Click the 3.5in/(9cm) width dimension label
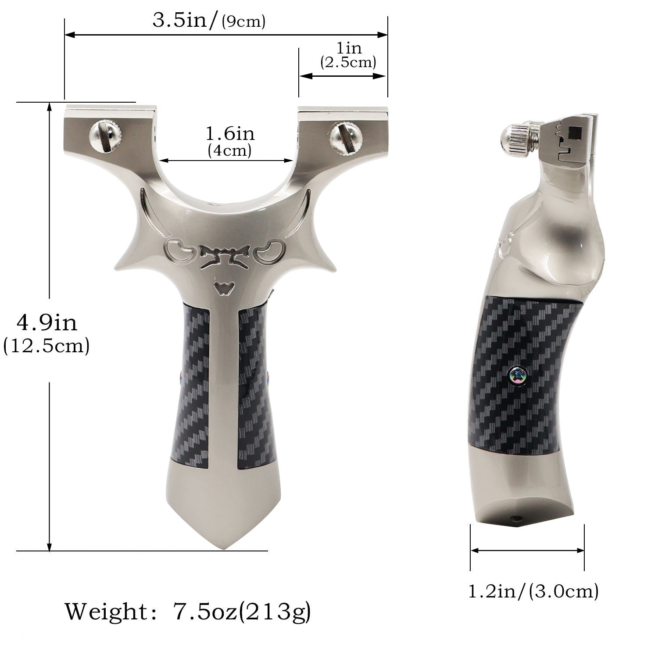tap(209, 21)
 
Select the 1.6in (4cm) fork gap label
tap(230, 141)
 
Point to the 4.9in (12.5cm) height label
tap(46, 333)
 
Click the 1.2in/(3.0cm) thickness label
tap(533, 591)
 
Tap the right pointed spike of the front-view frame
tap(330, 267)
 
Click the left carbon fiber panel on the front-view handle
tap(194, 386)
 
